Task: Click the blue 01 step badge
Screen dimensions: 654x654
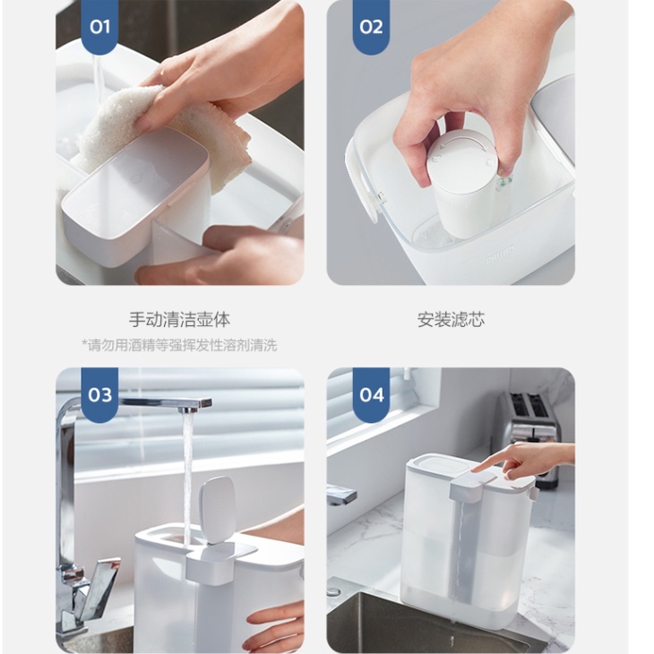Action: click(x=99, y=27)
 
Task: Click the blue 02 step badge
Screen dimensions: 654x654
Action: click(x=371, y=27)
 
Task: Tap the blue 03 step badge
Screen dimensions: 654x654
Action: click(x=99, y=394)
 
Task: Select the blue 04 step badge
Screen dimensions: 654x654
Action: click(x=371, y=394)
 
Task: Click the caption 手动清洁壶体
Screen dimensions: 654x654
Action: click(x=179, y=320)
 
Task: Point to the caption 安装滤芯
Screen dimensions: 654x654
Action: click(x=451, y=320)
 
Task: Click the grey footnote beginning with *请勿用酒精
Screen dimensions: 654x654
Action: click(x=179, y=345)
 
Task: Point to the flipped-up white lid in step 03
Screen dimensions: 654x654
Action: click(x=217, y=510)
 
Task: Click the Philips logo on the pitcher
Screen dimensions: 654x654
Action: click(x=501, y=254)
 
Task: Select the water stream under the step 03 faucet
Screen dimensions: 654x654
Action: click(x=188, y=476)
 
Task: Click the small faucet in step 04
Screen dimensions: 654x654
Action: click(x=341, y=495)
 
